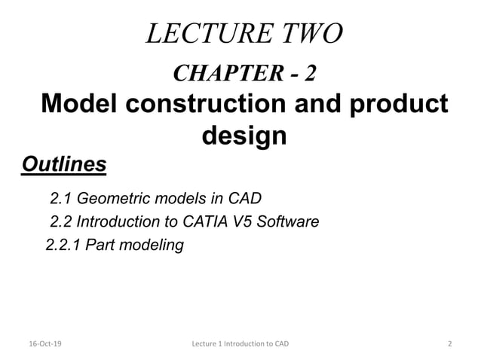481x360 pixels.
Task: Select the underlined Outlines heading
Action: click(x=64, y=163)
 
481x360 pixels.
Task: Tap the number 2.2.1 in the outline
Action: click(x=65, y=245)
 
